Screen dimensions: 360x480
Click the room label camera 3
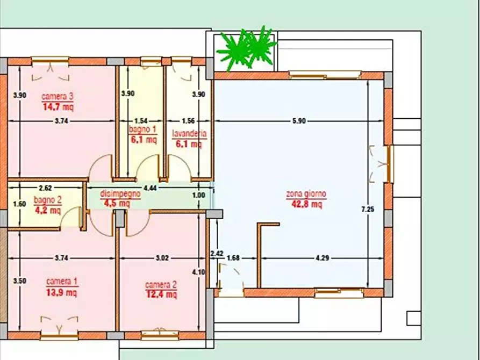click(x=58, y=97)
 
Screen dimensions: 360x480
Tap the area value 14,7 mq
click(x=58, y=106)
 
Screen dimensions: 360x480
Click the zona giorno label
click(x=306, y=194)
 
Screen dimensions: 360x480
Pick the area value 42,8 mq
click(x=306, y=204)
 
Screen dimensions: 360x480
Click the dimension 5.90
click(x=299, y=121)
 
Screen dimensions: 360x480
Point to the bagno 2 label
click(x=48, y=201)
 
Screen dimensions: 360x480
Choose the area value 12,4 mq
click(x=161, y=294)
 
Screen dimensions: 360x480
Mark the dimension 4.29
click(x=322, y=258)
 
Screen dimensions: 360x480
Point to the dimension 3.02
click(x=162, y=258)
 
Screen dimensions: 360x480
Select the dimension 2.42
click(x=217, y=253)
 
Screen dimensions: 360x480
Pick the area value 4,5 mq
click(x=117, y=203)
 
